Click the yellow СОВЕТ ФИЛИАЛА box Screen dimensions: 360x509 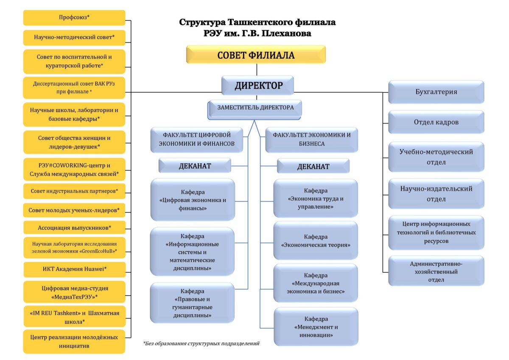tap(256, 55)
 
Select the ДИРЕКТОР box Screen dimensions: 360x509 tap(258, 86)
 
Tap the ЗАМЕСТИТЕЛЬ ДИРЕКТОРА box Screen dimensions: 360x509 tap(255, 108)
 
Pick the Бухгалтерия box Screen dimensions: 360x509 tap(436, 92)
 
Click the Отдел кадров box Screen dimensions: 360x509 tap(436, 122)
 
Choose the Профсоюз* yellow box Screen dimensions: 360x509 tap(74, 18)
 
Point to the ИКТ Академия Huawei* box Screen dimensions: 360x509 tap(74, 269)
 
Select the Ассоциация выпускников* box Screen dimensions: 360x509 tap(74, 228)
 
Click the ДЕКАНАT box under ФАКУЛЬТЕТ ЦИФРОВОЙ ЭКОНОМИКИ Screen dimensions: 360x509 tap(195, 166)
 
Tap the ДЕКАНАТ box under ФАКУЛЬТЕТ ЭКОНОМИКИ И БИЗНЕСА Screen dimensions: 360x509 tap(313, 166)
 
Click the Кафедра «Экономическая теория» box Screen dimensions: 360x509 tap(315, 240)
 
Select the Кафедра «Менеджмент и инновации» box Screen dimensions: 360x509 tap(316, 327)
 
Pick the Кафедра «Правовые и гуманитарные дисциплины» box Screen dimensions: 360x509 tap(192, 303)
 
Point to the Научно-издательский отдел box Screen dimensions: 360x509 tap(436, 194)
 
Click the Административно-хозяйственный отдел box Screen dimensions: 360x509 tap(436, 271)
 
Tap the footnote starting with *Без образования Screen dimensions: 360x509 tap(201, 343)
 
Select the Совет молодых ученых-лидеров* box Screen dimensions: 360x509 tap(74, 210)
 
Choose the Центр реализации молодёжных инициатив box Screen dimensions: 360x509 tap(74, 341)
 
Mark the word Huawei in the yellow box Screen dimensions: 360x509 tap(92, 269)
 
